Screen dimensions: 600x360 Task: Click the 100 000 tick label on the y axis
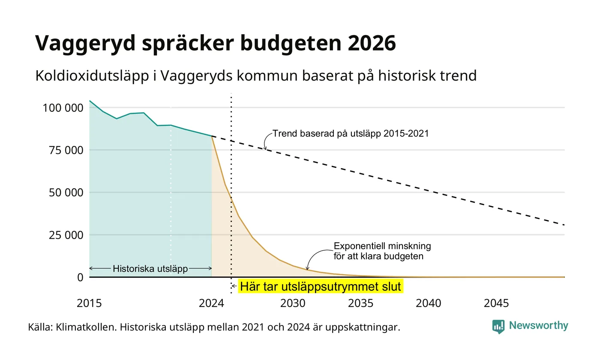[63, 108]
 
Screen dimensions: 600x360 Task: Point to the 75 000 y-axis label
[66, 150]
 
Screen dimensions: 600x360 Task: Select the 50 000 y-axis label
[66, 192]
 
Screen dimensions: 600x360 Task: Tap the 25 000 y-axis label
[66, 235]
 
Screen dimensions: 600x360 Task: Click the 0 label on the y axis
[81, 278]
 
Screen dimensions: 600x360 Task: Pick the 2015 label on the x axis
[89, 303]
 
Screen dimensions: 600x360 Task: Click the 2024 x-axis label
[211, 303]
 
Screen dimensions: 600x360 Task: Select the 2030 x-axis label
[293, 303]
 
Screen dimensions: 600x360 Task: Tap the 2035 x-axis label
[360, 303]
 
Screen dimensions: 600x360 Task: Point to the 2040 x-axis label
[428, 303]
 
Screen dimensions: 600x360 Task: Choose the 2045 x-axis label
[496, 303]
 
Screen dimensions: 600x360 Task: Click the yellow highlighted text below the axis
[321, 287]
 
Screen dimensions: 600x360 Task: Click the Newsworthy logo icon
[498, 327]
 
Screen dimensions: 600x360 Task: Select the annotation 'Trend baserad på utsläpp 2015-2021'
[351, 133]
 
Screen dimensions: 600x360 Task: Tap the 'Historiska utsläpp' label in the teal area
[150, 269]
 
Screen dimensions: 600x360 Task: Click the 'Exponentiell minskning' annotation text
[382, 246]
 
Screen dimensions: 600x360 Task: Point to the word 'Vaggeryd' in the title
[85, 44]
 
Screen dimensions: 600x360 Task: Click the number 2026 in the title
[372, 43]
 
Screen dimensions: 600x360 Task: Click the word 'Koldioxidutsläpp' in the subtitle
[92, 76]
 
